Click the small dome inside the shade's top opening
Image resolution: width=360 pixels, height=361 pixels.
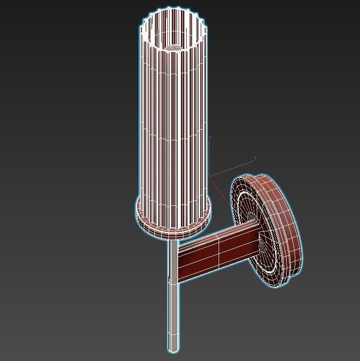(173, 48)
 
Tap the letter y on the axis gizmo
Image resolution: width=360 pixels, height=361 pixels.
(255, 158)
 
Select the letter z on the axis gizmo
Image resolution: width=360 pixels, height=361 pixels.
(210, 138)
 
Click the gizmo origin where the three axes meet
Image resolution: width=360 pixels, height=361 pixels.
(210, 176)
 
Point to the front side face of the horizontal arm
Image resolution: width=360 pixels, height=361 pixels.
(212, 260)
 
